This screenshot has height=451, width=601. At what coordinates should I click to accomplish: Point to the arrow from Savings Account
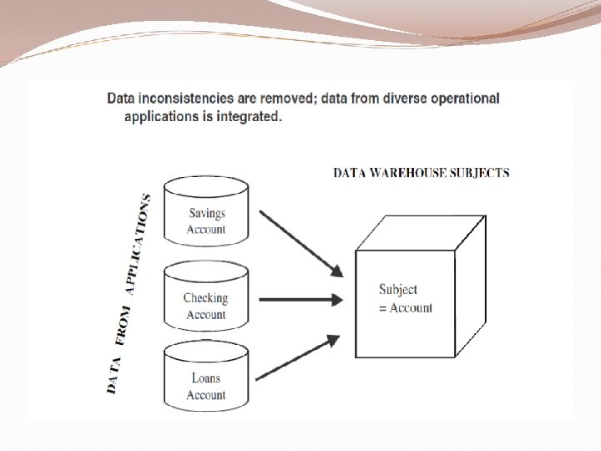tap(300, 242)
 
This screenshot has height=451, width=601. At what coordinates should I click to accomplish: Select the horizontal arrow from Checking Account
tap(300, 299)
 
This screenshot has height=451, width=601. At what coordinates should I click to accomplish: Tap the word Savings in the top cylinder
tap(206, 213)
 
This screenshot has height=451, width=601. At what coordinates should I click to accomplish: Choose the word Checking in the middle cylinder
tap(205, 298)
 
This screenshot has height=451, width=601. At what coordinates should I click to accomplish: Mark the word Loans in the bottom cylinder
tap(205, 378)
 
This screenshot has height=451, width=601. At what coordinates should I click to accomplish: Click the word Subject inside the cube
tap(398, 290)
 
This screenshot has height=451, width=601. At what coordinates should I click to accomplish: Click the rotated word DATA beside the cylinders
tap(114, 375)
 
